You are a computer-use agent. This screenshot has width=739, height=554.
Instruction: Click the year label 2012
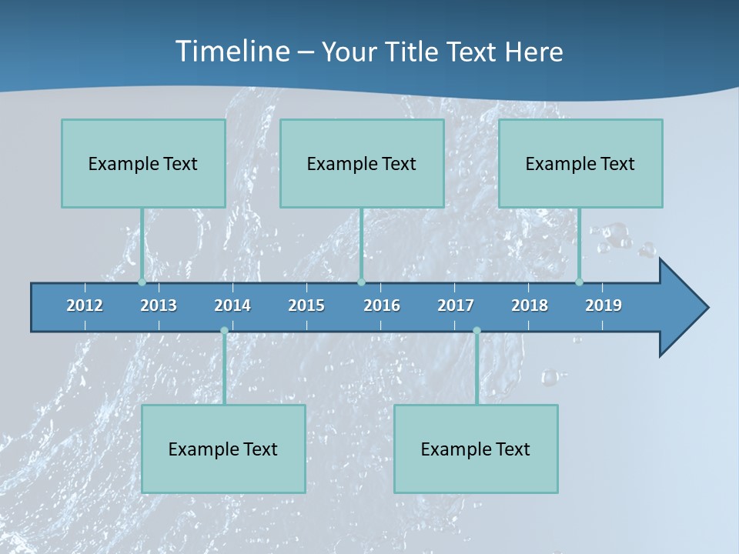85,305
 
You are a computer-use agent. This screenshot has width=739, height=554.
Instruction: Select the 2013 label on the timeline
159,305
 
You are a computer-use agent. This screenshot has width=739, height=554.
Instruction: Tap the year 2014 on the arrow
232,305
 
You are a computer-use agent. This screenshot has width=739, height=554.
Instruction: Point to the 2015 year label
306,305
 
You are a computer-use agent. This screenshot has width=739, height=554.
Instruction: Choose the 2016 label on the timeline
382,305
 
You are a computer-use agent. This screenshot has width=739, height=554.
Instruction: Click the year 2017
456,305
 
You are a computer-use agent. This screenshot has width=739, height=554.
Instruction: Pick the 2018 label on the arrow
530,305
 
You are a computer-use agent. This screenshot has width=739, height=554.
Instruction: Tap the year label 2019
604,305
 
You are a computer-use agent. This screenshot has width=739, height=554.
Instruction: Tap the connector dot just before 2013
142,282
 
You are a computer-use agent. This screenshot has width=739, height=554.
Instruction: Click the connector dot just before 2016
361,282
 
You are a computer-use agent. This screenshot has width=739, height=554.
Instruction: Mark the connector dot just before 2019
580,282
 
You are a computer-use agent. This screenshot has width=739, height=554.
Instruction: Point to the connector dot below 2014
224,331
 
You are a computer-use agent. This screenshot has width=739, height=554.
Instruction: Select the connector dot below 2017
477,331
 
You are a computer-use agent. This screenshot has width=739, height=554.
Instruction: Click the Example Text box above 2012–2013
143,163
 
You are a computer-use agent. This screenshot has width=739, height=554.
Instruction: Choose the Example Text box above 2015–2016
362,163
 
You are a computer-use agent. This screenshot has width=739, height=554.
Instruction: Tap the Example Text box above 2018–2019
580,163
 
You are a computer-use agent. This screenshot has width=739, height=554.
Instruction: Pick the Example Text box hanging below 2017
476,449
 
